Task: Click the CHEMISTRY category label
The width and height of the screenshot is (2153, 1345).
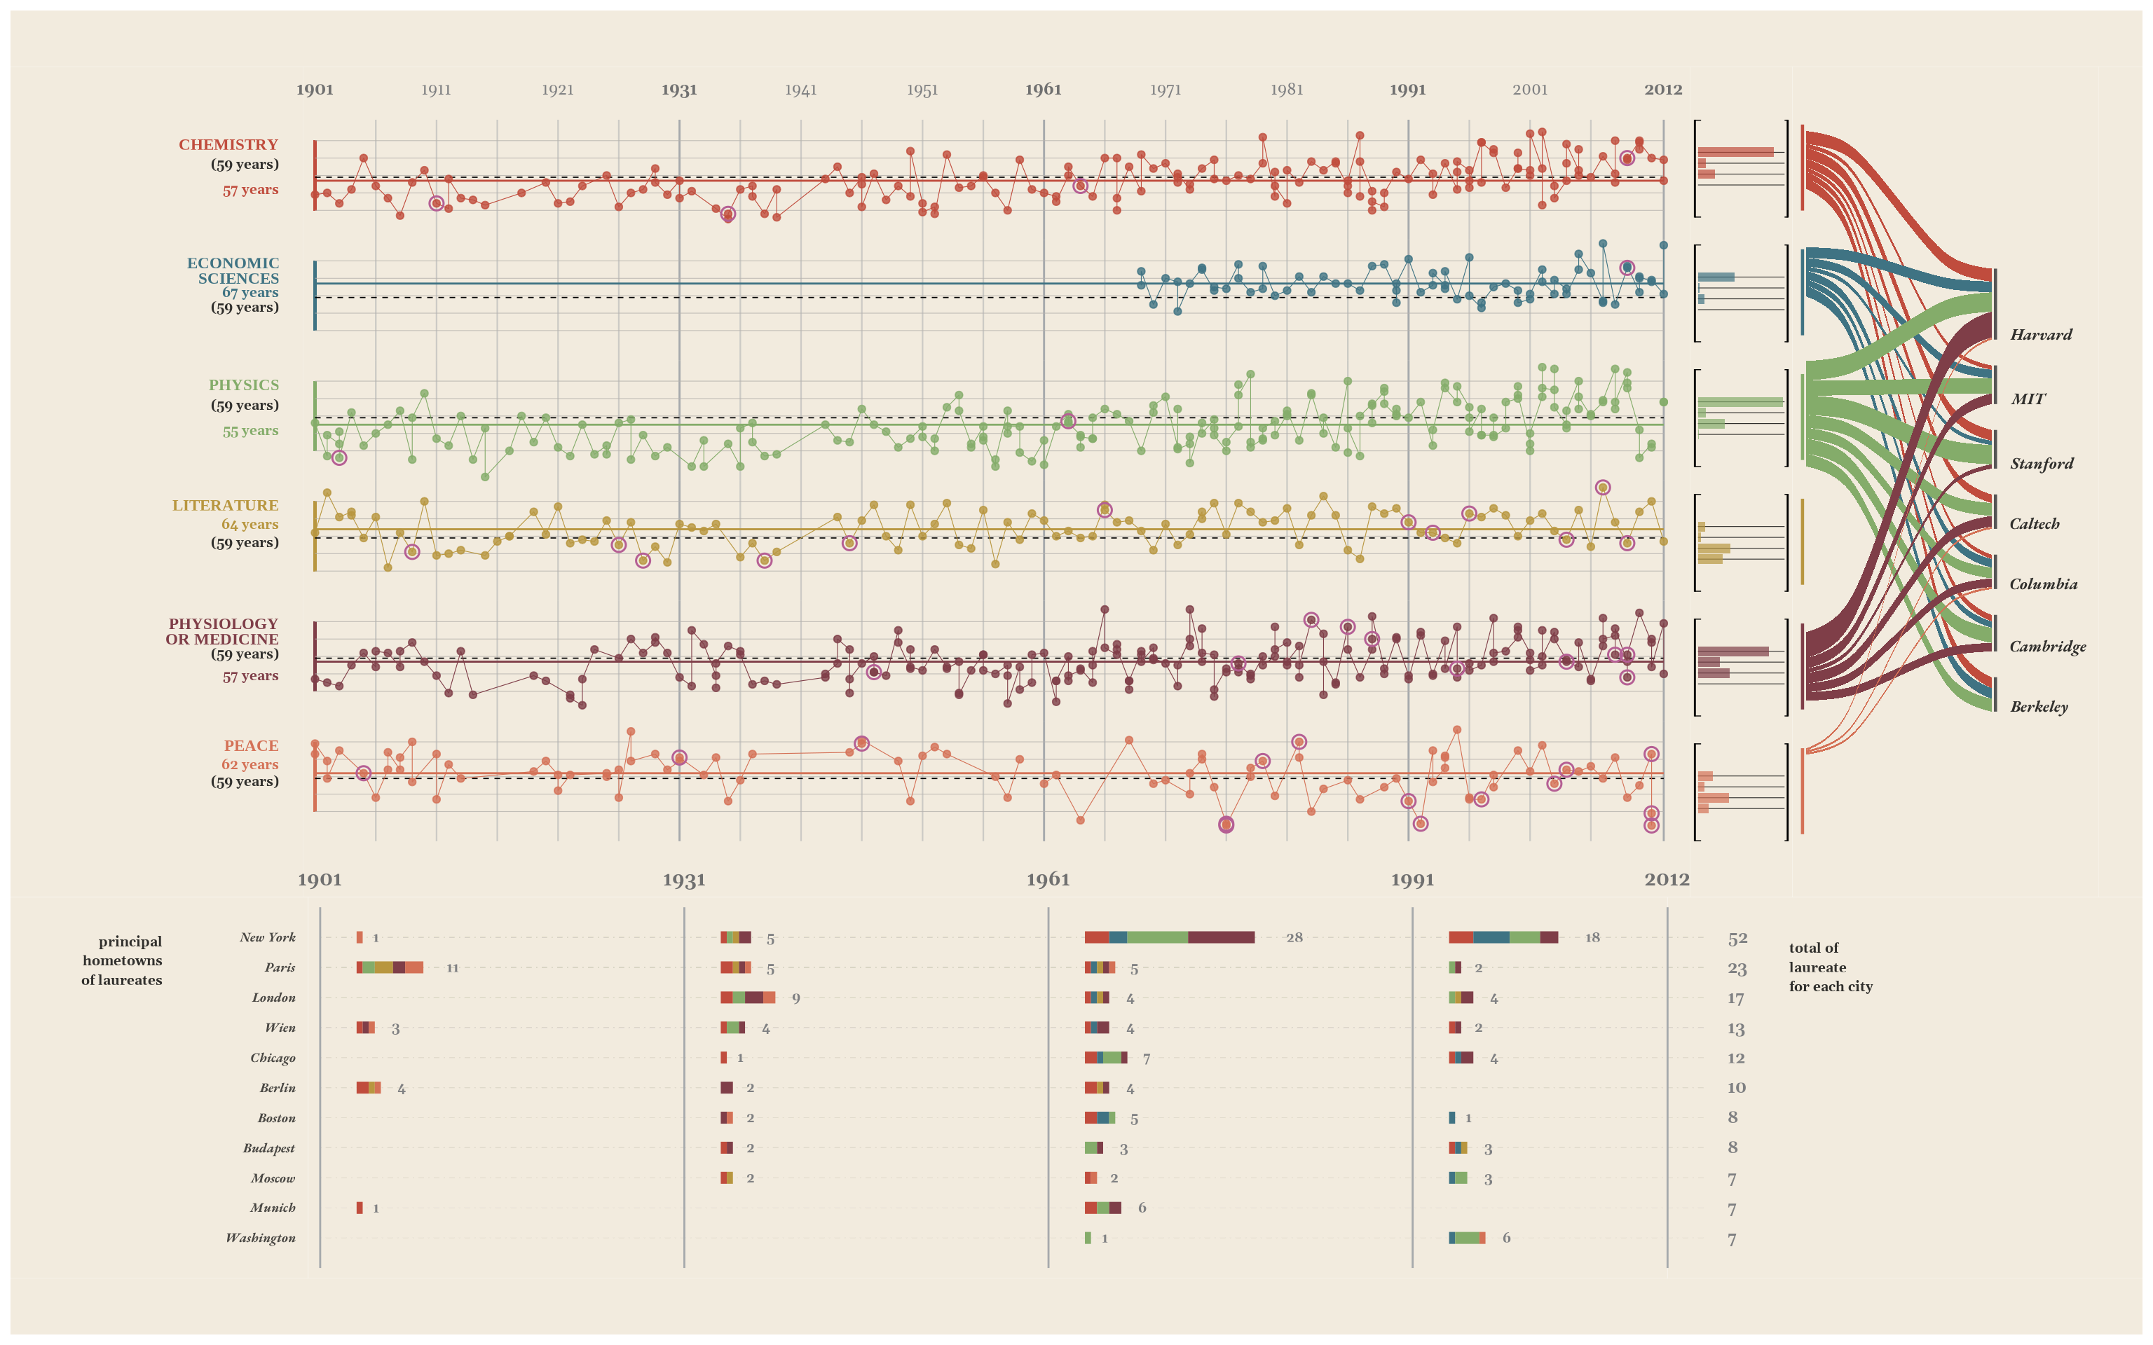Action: pos(228,145)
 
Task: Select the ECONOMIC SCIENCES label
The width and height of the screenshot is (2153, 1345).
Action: pos(233,270)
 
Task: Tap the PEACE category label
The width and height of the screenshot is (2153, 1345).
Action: pos(251,745)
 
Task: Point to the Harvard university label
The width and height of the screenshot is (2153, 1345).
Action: pos(2041,334)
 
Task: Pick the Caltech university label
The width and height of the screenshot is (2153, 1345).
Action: pos(2035,524)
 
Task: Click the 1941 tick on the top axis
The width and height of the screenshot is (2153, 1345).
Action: pos(800,90)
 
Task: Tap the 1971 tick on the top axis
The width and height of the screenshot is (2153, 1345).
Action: pos(1165,90)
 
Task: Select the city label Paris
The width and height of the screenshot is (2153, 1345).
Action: pos(280,968)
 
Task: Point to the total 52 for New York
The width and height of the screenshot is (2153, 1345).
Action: pos(1737,939)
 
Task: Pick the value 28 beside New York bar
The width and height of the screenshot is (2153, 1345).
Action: pos(1294,937)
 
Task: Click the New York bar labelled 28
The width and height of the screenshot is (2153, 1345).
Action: pos(1169,937)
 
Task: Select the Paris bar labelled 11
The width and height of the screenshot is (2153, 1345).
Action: pos(390,968)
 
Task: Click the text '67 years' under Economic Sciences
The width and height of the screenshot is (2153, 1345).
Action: pos(250,293)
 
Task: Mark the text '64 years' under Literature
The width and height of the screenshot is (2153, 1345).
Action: pos(250,524)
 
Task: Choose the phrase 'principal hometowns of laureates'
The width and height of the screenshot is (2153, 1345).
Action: pos(122,960)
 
